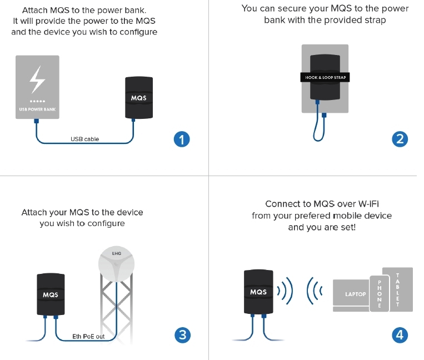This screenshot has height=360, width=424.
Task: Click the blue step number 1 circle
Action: (x=182, y=139)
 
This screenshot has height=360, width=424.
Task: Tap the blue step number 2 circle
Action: (x=400, y=139)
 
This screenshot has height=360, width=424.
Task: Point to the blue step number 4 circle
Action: (x=400, y=334)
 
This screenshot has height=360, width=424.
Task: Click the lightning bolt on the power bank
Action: (x=37, y=80)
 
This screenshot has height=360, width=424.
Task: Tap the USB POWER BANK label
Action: (x=37, y=109)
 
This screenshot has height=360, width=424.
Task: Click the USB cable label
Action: (x=84, y=139)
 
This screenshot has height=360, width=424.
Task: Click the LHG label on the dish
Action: (x=117, y=253)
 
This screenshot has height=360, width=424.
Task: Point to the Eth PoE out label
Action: (x=88, y=337)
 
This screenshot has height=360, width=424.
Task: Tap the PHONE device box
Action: (x=380, y=294)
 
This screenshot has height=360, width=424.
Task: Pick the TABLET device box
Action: (x=398, y=289)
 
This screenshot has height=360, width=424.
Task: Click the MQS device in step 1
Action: (x=138, y=98)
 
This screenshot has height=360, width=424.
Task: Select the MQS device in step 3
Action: (x=51, y=294)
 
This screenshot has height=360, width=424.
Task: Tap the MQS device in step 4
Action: (x=258, y=292)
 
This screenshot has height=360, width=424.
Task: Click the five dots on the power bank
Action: (x=37, y=102)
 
